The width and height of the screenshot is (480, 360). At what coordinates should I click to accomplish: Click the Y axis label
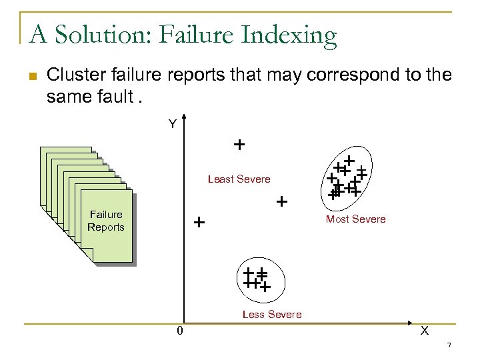click(172, 124)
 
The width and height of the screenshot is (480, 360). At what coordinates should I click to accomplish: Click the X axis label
click(424, 331)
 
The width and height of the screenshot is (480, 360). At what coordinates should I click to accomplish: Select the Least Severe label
click(239, 179)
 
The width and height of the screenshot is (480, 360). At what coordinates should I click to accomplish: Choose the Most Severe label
click(355, 219)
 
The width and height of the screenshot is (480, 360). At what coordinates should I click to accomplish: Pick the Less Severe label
click(272, 314)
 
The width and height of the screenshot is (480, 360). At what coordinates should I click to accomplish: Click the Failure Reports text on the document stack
click(106, 221)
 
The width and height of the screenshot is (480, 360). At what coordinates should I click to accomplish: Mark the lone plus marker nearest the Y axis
click(199, 222)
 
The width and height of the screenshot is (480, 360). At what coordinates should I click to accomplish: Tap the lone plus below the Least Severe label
click(282, 201)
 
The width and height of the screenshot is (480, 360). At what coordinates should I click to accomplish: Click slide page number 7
click(449, 345)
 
